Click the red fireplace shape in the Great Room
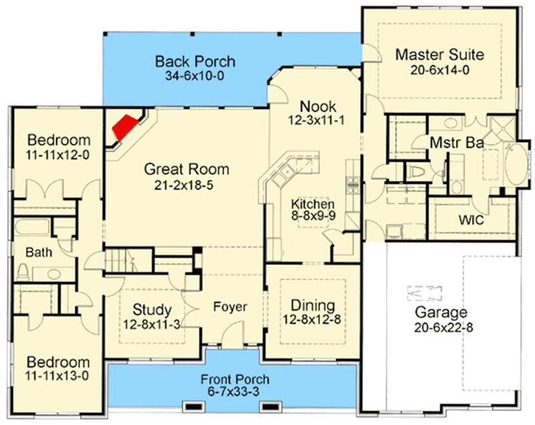tap(124, 127)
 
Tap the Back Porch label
tap(195, 62)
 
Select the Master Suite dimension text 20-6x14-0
tap(439, 70)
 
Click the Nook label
tap(318, 106)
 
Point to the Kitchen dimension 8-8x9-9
tap(313, 216)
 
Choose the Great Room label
tap(187, 169)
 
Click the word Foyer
tap(230, 307)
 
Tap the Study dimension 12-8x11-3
tap(152, 325)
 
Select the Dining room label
tap(312, 305)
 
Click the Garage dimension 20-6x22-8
tap(443, 327)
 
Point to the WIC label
tap(471, 220)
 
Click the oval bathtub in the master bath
tap(516, 165)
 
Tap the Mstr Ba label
tap(457, 143)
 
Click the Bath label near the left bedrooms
tap(39, 252)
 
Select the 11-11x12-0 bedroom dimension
tap(58, 155)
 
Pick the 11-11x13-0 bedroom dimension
tap(57, 375)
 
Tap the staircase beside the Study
tap(128, 260)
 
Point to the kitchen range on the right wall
tap(353, 185)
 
